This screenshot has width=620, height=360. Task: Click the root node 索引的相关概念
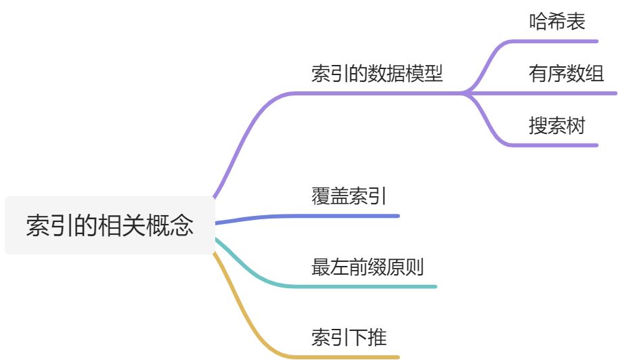coord(110,225)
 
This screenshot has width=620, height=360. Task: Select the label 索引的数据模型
coord(377,74)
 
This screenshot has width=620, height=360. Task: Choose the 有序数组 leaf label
coord(566,73)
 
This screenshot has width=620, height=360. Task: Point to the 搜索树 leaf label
coord(556,126)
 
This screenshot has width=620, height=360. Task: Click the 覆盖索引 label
coord(349,197)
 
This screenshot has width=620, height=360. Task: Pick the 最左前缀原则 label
coord(368,267)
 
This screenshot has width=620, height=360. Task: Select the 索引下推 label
coord(349,337)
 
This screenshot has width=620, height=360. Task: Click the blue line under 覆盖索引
coord(338,216)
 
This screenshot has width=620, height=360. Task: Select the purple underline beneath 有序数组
coord(569,93)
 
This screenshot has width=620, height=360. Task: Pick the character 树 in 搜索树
coord(575,126)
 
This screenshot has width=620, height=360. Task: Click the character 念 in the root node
coord(183,225)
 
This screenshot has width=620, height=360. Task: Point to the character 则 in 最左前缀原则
coord(414,267)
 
